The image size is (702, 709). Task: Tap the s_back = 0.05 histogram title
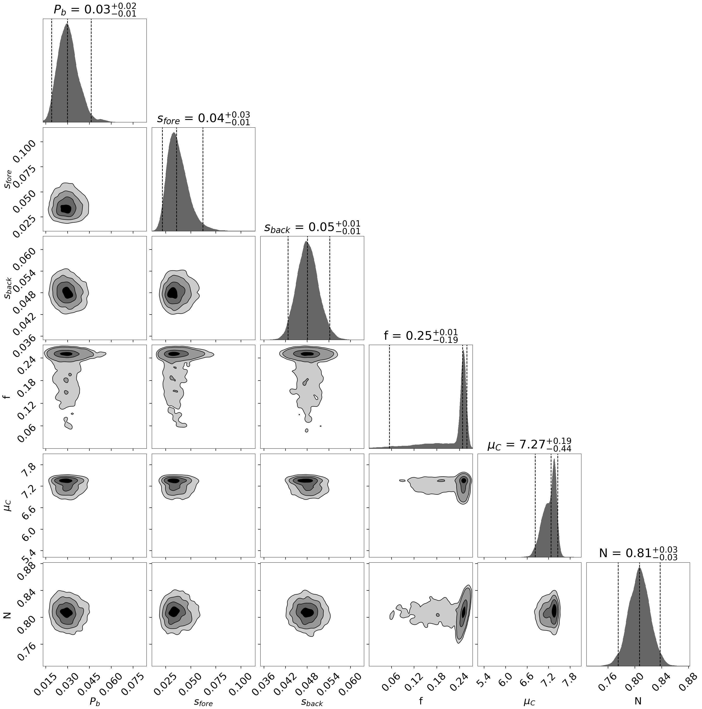tap(312, 227)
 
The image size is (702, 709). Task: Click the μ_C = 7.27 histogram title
tap(529, 445)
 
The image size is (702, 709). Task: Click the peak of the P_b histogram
tap(67, 24)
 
